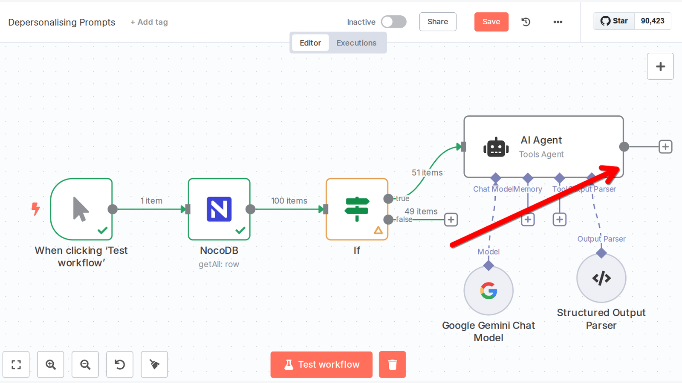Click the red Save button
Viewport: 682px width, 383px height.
pos(491,22)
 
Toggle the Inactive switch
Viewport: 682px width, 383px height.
pos(393,22)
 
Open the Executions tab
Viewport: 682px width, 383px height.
pos(356,43)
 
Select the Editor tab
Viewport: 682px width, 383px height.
pos(310,43)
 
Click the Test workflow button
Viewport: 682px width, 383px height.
pos(321,364)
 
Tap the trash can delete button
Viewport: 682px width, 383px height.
pos(393,364)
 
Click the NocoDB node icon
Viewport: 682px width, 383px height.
pos(219,209)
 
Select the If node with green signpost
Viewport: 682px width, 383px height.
pos(357,209)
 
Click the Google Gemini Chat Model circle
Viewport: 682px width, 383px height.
pos(488,291)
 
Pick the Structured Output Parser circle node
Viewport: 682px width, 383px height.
pos(601,278)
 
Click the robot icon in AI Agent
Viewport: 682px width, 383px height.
pos(496,147)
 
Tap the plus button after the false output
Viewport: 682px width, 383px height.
pos(451,220)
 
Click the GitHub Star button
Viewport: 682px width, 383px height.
pos(614,21)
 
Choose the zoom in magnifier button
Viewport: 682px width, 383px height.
pos(51,364)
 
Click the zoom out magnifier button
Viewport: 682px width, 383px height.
pos(85,364)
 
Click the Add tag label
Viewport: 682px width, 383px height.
pos(149,22)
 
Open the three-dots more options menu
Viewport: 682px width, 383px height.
pos(558,22)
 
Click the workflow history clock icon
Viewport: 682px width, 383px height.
pos(526,22)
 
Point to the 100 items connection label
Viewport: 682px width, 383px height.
pos(289,201)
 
